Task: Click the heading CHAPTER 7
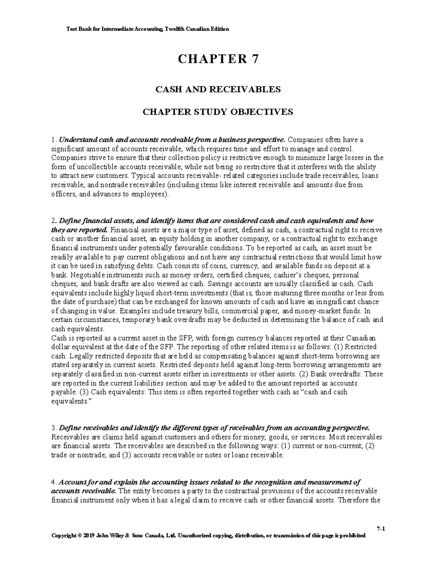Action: pos(218,59)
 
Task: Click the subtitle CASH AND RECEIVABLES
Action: pos(218,89)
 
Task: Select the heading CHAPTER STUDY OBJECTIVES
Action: pos(218,112)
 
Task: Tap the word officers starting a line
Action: pos(63,194)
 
